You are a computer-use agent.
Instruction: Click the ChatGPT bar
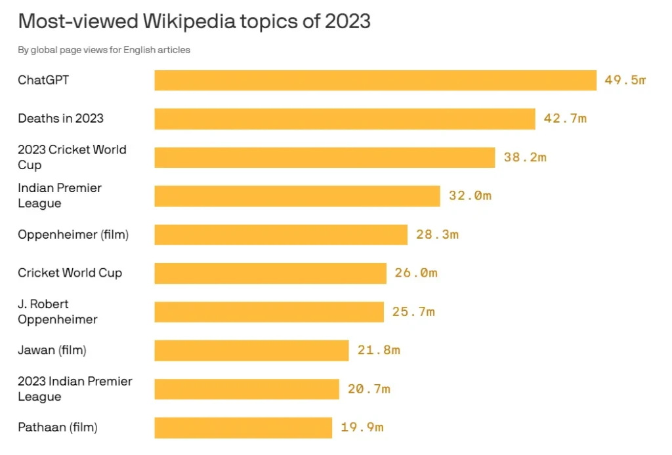click(x=375, y=81)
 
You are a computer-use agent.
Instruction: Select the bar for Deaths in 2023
click(x=345, y=119)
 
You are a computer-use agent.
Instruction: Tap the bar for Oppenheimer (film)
click(x=281, y=235)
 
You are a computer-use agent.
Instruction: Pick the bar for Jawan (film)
click(x=251, y=350)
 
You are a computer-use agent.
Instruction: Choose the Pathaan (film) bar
click(x=243, y=427)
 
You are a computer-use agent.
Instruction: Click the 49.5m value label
click(x=625, y=81)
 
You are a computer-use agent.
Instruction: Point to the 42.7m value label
click(x=565, y=119)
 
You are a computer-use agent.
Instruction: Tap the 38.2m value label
click(x=525, y=157)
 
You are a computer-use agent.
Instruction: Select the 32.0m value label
click(x=470, y=195)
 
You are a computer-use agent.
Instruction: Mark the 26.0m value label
click(x=415, y=273)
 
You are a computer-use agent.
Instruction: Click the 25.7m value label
click(x=413, y=311)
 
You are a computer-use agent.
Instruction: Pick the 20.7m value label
click(x=369, y=389)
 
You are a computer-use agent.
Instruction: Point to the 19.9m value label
click(x=362, y=427)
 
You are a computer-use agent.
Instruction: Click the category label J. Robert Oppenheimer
click(x=58, y=311)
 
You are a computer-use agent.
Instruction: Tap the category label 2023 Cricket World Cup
click(x=72, y=157)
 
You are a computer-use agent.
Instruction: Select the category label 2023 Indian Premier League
click(x=75, y=389)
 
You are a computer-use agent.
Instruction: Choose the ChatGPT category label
click(x=43, y=81)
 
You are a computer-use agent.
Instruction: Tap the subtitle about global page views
click(x=104, y=50)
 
